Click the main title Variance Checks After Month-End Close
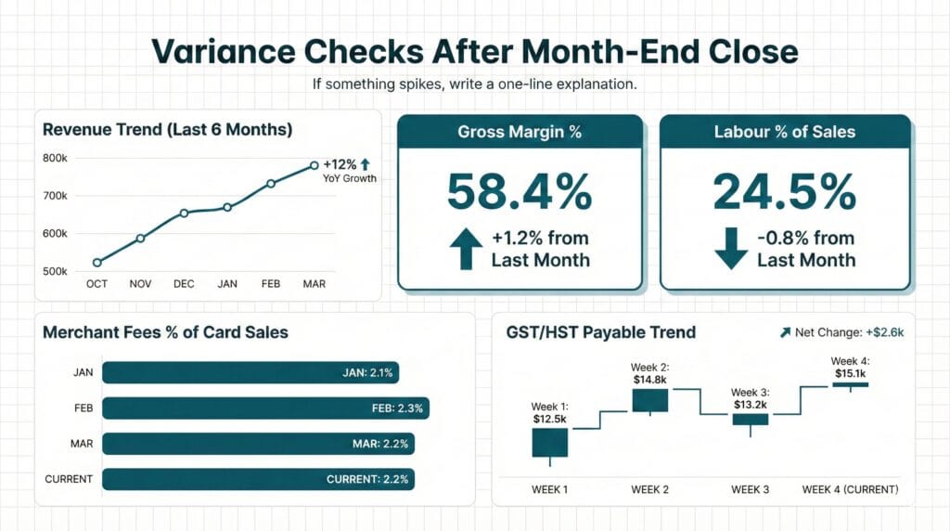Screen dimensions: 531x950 tap(474, 51)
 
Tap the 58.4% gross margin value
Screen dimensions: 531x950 tap(519, 191)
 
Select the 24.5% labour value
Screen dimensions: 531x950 tap(784, 191)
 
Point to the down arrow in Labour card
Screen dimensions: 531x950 tap(731, 250)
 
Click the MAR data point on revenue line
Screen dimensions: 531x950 tap(314, 165)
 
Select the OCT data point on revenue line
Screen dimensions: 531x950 tap(97, 263)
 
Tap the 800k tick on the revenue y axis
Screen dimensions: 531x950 tap(55, 159)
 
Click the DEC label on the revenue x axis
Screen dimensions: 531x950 tap(184, 284)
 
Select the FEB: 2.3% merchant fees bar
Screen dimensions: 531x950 tap(265, 408)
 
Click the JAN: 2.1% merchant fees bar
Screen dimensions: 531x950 tap(250, 373)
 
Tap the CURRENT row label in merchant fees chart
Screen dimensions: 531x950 tap(69, 479)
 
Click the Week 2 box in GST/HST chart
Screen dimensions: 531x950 tap(649, 400)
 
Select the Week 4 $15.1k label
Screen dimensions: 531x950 tap(849, 368)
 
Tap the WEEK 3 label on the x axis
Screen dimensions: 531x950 tap(750, 489)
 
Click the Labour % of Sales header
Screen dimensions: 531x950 tap(785, 132)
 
